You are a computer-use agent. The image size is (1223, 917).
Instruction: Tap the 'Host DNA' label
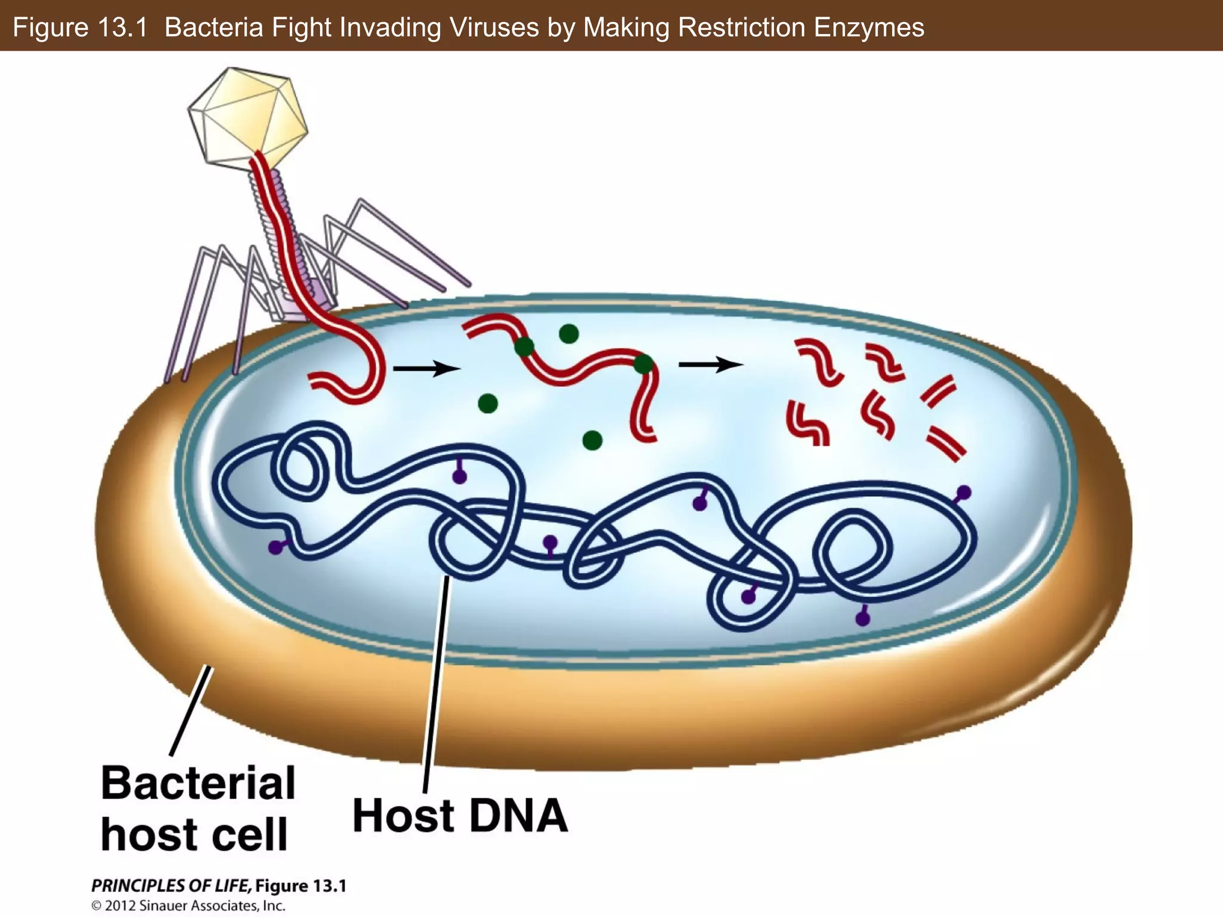coord(460,816)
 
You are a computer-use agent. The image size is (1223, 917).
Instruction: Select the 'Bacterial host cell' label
coord(198,808)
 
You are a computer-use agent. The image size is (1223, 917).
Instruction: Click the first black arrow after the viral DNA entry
coord(426,368)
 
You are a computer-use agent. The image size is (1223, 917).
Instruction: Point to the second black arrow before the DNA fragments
coord(711,364)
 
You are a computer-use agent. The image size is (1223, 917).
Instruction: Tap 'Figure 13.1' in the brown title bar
coord(80,27)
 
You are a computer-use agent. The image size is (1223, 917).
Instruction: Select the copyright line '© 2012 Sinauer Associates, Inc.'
coord(188,906)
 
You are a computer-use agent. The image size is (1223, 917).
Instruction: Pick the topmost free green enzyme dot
coord(569,334)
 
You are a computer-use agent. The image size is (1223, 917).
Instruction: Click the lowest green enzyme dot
coord(592,441)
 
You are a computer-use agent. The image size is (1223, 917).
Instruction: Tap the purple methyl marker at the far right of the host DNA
coord(964,493)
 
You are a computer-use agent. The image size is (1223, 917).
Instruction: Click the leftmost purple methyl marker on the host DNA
coord(275,547)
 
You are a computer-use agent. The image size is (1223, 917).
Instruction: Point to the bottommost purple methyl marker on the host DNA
coord(862,618)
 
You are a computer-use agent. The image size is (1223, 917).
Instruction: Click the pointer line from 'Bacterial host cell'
coord(191,710)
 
